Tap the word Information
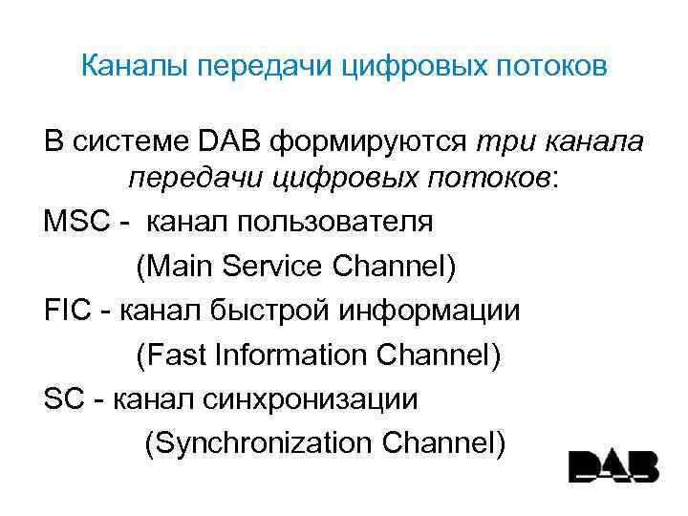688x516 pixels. pos(290,355)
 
